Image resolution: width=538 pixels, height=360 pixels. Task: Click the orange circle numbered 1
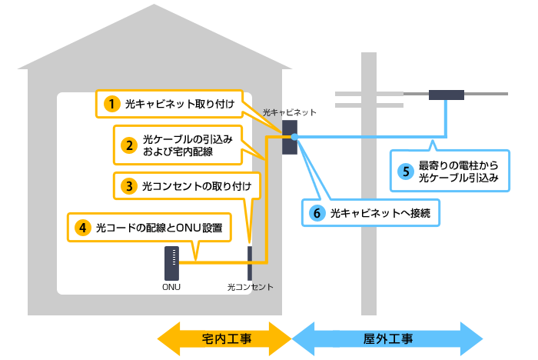pos(112,103)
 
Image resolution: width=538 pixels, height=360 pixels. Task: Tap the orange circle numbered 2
pos(128,144)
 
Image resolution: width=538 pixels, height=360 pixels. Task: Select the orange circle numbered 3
pos(128,185)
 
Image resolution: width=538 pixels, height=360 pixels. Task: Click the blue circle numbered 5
pos(405,171)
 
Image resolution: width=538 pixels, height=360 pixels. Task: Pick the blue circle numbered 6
pos(317,214)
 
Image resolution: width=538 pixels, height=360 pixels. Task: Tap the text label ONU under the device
pos(171,287)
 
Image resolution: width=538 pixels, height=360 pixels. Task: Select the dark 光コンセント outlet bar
pos(250,263)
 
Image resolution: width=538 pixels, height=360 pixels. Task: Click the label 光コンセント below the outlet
pos(251,287)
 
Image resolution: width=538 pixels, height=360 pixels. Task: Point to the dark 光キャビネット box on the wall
pos(290,137)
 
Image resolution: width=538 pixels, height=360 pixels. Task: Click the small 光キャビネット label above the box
pos(289,112)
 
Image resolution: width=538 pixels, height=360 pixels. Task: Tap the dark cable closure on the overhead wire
pos(446,95)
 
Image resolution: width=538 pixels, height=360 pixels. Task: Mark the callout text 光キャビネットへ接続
pos(379,214)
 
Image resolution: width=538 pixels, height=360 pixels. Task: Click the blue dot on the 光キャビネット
pos(294,137)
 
